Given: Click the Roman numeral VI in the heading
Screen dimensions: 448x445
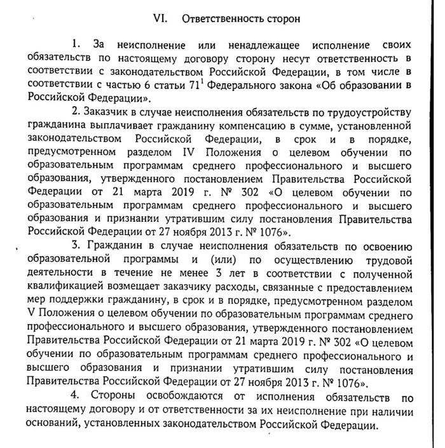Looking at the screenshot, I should click(x=159, y=18).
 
